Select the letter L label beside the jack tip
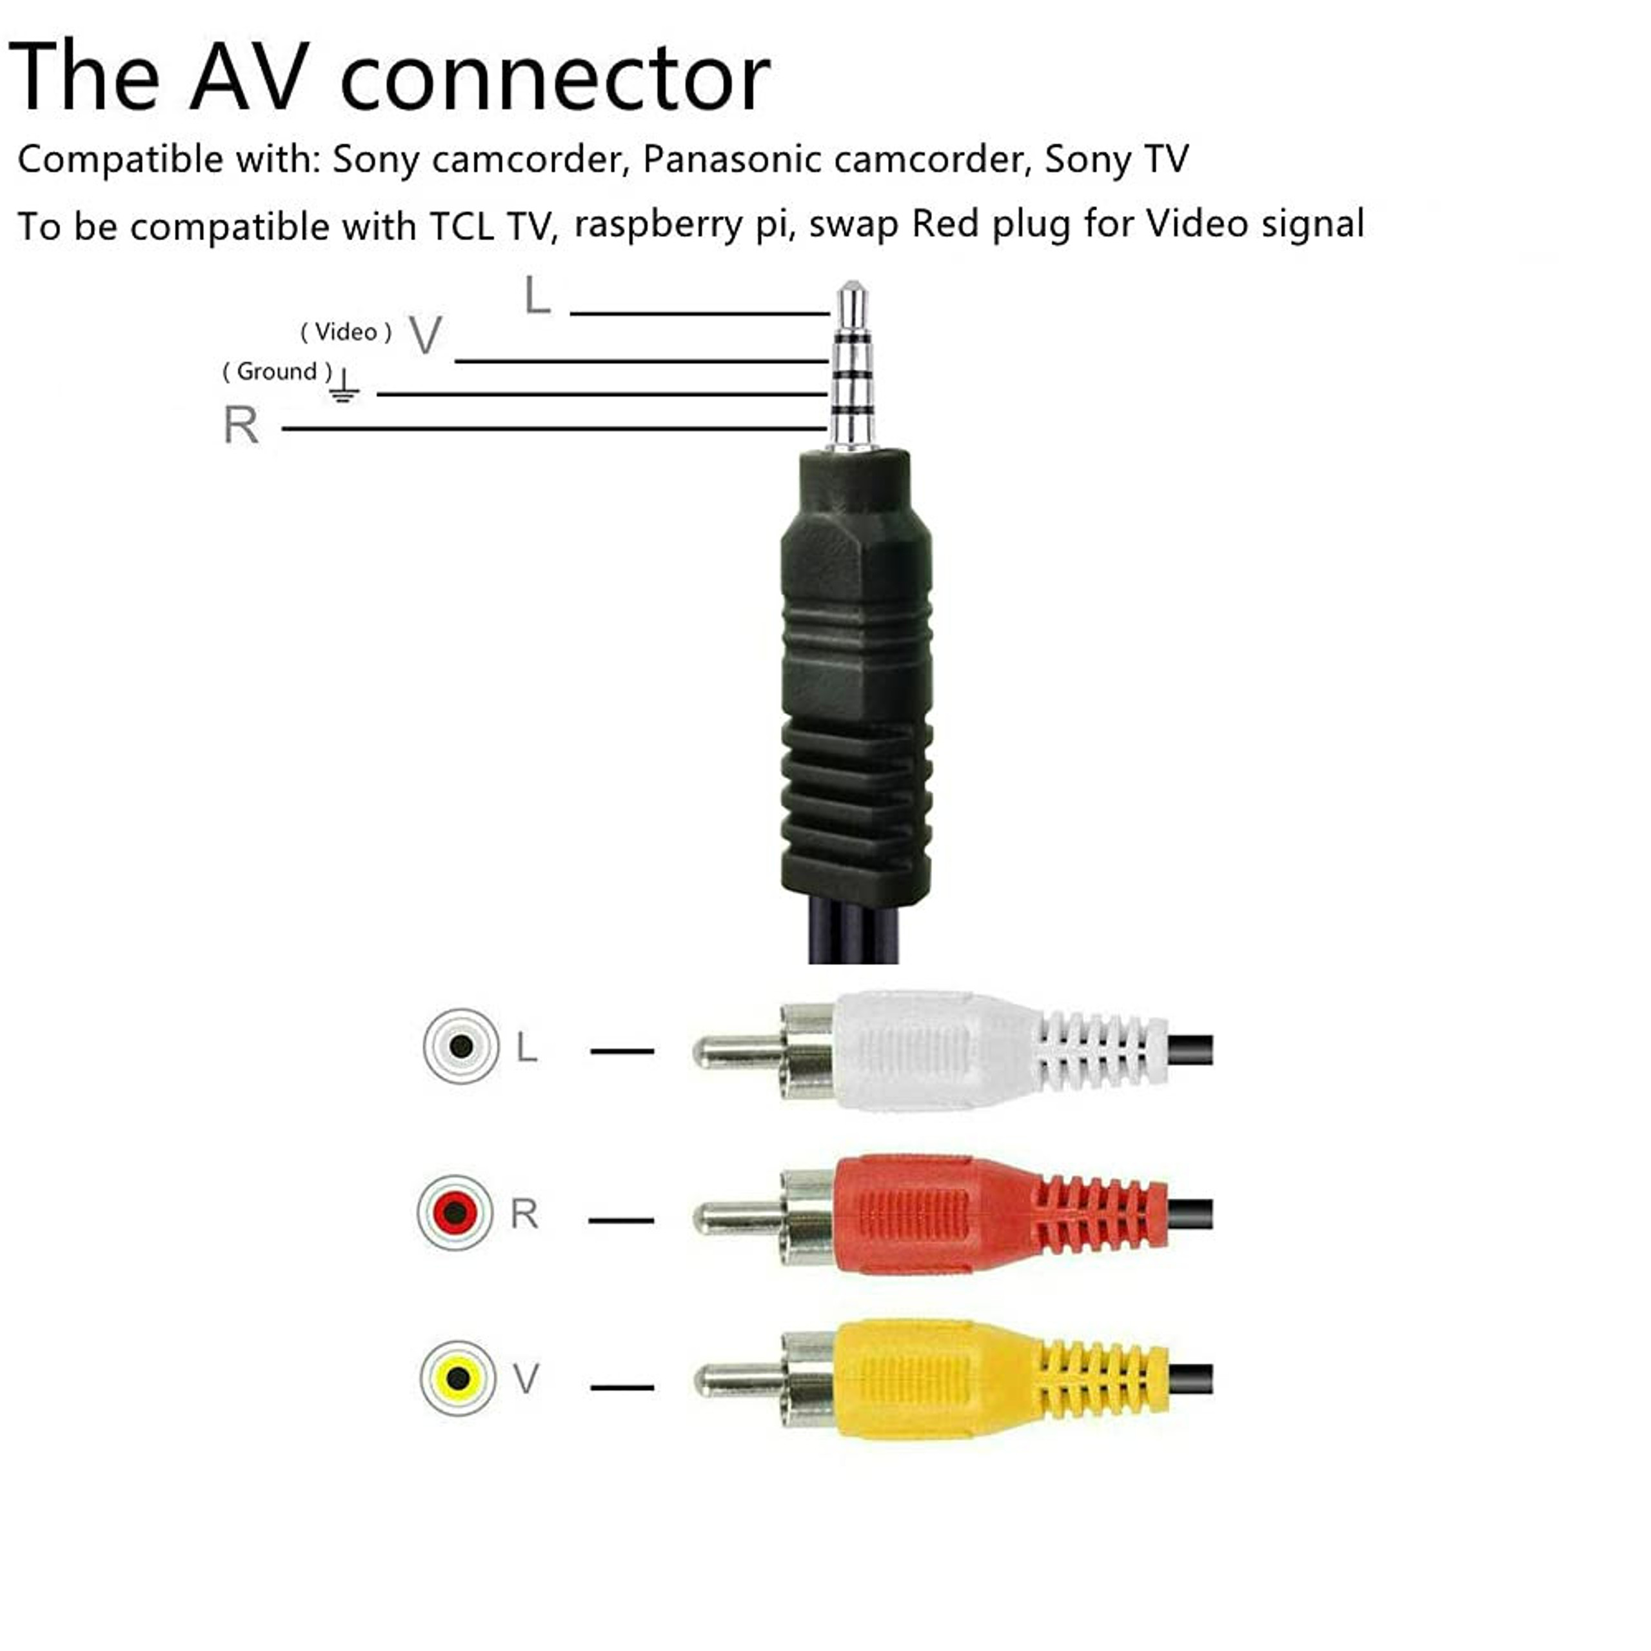coord(537,297)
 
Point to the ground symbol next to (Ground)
coord(344,386)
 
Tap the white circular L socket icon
coord(460,1047)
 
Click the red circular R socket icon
coord(455,1212)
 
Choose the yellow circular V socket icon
coord(458,1378)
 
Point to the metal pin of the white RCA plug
coord(735,1052)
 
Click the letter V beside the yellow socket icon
coord(526,1378)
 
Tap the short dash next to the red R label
coord(621,1220)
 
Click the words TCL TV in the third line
coord(493,227)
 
